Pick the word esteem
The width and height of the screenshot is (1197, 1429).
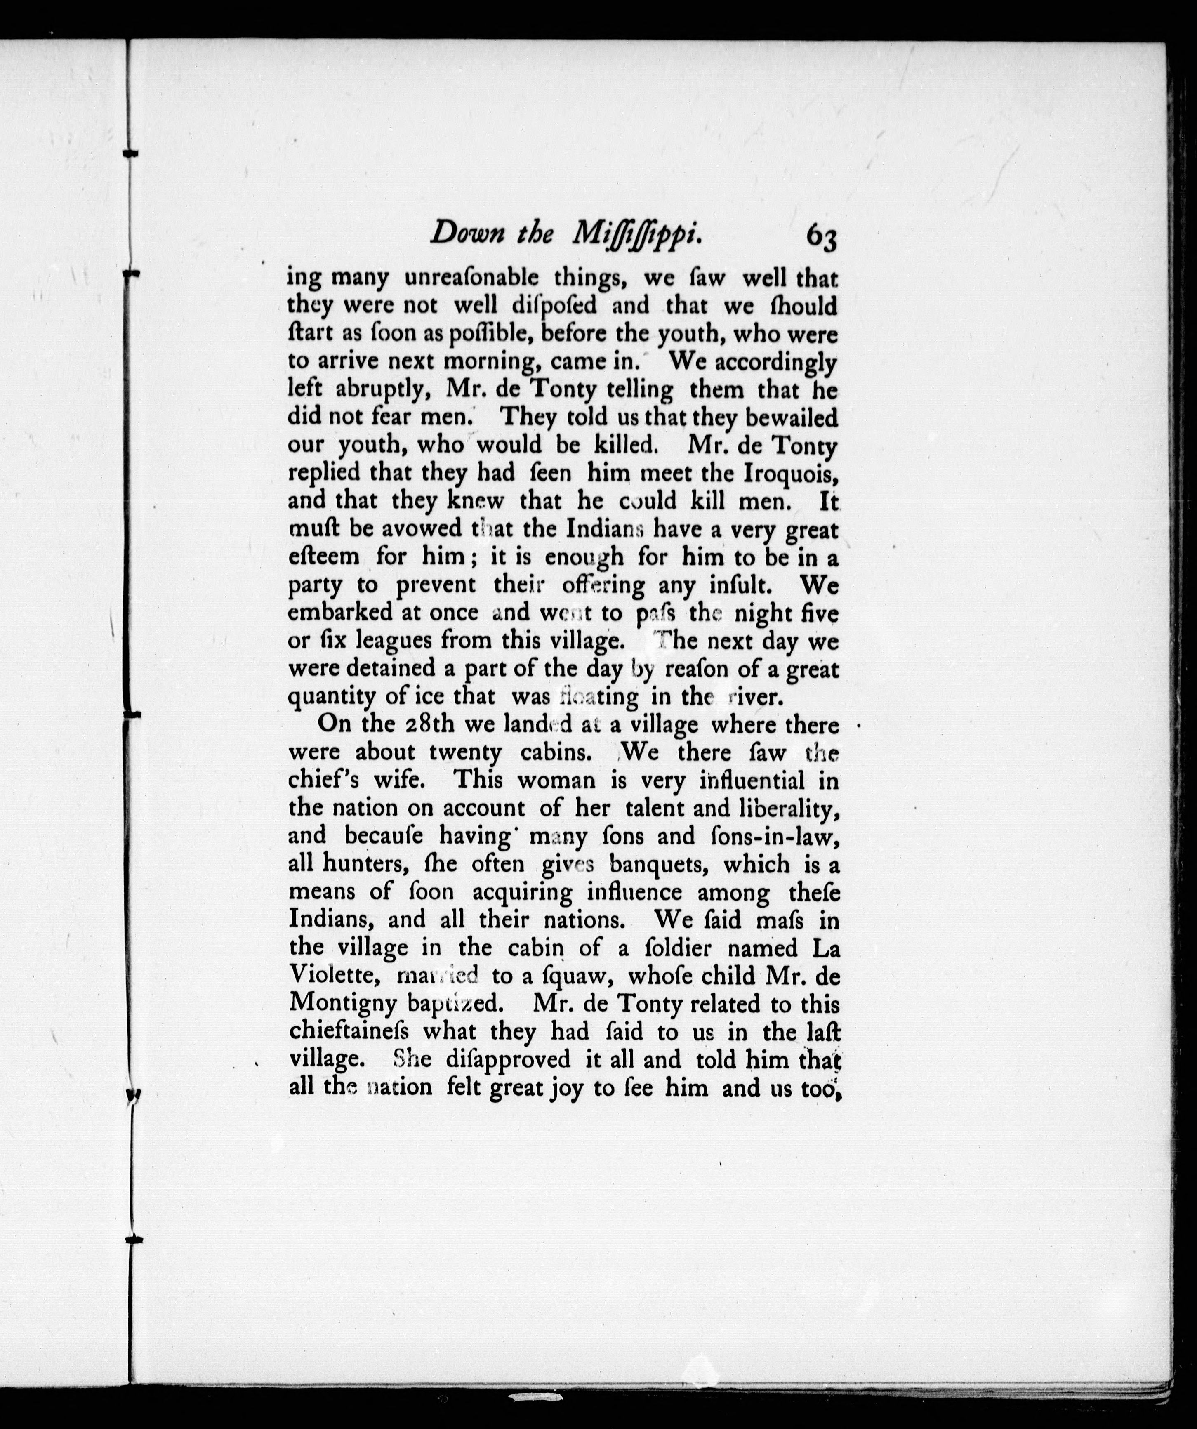pos(324,557)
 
